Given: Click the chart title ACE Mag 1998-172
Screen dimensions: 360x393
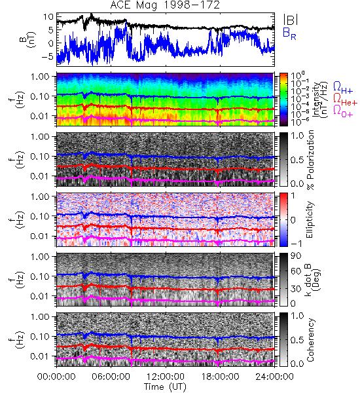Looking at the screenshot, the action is (165, 5).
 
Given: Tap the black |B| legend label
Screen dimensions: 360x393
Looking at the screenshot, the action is (291, 20).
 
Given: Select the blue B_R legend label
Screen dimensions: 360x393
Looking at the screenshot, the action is (289, 33).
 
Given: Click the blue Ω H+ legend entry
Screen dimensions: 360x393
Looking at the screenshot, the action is (343, 88).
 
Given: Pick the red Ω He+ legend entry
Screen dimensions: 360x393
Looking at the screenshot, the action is (345, 100).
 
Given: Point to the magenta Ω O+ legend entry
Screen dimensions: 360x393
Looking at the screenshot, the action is (343, 111).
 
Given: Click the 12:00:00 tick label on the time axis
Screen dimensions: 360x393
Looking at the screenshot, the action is (166, 377).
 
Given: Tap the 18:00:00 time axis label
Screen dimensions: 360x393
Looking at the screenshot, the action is (220, 377).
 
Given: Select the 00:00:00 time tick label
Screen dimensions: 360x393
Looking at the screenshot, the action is (56, 377).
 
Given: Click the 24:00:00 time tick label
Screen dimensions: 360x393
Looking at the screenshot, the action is (274, 377).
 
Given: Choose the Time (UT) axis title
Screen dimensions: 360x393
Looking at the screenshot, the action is (166, 387).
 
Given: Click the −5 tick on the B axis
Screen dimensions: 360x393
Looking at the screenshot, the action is (48, 56).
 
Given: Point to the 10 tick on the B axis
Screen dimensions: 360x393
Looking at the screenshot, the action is (48, 17).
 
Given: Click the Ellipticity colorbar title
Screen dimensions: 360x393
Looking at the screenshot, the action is (310, 220).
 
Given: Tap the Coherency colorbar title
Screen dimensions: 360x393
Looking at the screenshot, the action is (310, 340).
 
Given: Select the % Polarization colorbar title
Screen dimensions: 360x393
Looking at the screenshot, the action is (310, 160).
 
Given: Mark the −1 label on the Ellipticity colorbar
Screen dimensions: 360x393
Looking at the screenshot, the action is (297, 243).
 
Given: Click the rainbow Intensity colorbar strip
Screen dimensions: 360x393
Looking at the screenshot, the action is (283, 100).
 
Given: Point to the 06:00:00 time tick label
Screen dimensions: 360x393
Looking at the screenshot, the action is (111, 377).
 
